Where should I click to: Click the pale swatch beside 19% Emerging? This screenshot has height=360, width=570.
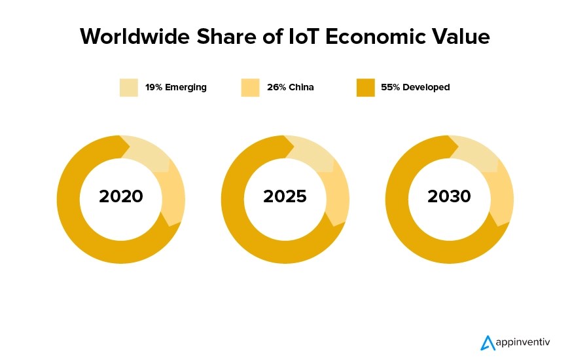coord(128,87)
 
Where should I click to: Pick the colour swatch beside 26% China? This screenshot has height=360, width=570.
coord(250,87)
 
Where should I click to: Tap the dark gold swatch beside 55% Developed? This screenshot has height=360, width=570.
coord(365,87)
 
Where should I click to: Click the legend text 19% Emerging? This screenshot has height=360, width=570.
coord(176,87)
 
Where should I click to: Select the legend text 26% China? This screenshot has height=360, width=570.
coord(291,87)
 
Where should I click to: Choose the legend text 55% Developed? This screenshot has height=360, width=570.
coord(416,87)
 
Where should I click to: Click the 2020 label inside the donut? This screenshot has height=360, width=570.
coord(121,196)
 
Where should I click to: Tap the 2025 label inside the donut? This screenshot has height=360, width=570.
coord(285,196)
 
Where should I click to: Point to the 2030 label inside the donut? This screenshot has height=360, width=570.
coord(449,196)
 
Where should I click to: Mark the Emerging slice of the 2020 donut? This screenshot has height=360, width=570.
coord(147,154)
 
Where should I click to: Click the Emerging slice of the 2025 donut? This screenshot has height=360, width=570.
coord(312,154)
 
